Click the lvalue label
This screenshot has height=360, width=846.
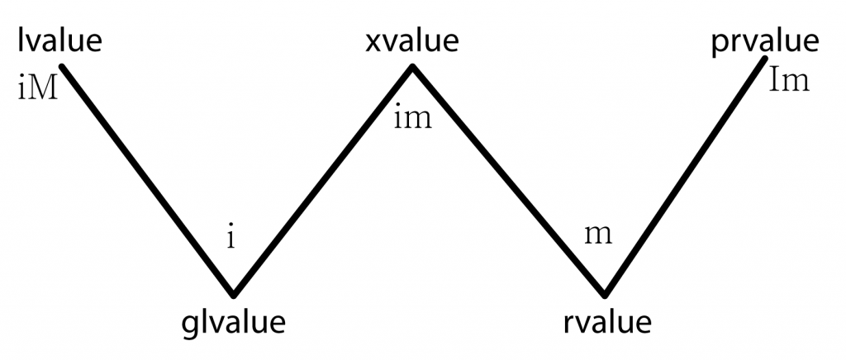click(59, 41)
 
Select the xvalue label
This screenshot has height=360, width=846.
click(412, 41)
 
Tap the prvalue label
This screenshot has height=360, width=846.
click(766, 42)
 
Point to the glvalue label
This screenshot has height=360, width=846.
click(233, 323)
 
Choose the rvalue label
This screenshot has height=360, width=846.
click(607, 323)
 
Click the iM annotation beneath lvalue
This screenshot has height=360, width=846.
click(37, 88)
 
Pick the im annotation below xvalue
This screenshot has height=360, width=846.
click(413, 118)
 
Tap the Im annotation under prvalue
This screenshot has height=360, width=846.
click(788, 81)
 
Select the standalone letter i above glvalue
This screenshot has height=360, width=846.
click(231, 236)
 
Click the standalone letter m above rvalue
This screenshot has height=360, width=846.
click(598, 235)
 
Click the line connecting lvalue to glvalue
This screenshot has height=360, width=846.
click(148, 181)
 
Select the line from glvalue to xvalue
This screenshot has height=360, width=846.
click(323, 181)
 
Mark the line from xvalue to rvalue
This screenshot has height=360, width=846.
click(508, 181)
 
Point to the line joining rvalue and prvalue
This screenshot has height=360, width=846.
click(685, 176)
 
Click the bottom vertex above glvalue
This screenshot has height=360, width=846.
click(233, 294)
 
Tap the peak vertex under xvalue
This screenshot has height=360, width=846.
click(412, 68)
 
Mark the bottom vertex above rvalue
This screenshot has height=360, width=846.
click(605, 294)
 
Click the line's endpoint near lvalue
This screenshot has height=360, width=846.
click(62, 67)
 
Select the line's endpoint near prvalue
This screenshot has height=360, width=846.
click(765, 58)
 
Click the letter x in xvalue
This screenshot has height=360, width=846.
click(373, 44)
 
